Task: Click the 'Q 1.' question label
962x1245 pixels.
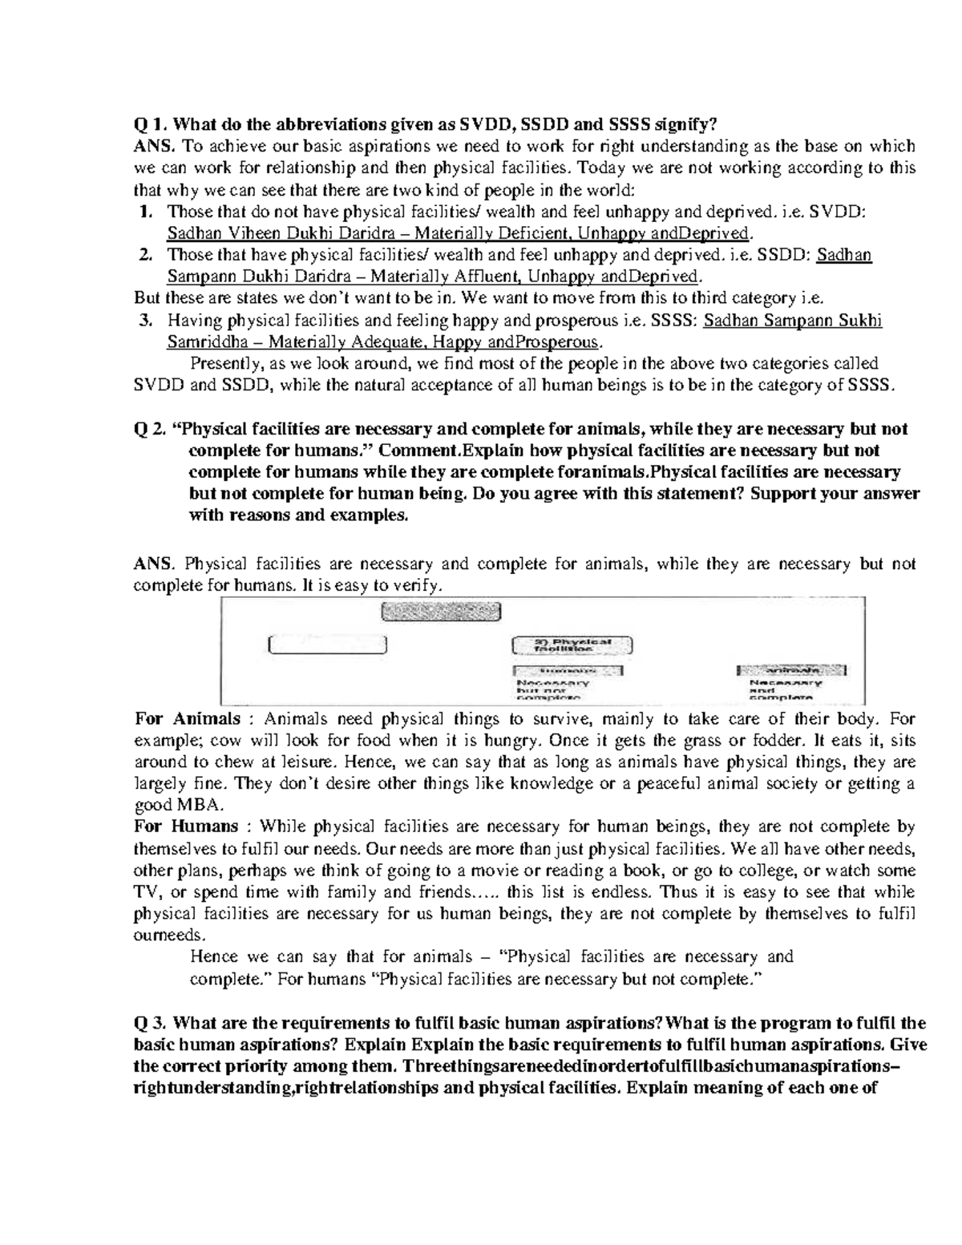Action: [x=150, y=124]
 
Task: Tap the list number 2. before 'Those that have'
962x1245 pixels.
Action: [x=145, y=256]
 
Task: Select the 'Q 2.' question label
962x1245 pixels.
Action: [x=151, y=430]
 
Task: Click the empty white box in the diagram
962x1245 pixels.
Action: [x=328, y=645]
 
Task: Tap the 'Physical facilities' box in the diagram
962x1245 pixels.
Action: [x=572, y=645]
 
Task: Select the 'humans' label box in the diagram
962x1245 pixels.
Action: [x=568, y=670]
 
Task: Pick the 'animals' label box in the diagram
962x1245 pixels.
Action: [x=791, y=669]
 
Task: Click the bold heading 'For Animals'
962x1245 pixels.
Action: [x=188, y=718]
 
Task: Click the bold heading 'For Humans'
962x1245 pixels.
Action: [x=186, y=827]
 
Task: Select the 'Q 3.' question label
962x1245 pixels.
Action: [x=150, y=1024]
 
